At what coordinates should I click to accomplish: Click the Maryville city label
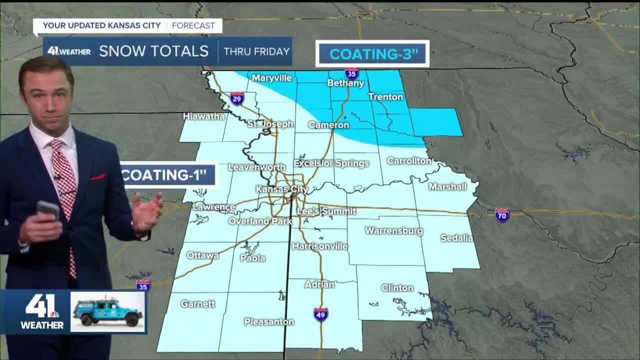pyautogui.click(x=271, y=78)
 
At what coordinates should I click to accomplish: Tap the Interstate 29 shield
pyautogui.click(x=237, y=98)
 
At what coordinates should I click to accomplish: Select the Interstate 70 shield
pyautogui.click(x=502, y=215)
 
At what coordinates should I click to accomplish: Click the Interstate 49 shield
pyautogui.click(x=321, y=314)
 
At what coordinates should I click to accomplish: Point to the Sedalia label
pyautogui.click(x=456, y=238)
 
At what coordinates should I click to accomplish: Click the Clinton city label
pyautogui.click(x=397, y=288)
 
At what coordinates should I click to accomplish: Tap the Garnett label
pyautogui.click(x=198, y=303)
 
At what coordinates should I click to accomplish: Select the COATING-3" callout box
pyautogui.click(x=373, y=53)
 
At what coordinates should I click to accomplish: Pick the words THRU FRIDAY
pyautogui.click(x=256, y=51)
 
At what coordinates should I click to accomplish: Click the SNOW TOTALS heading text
pyautogui.click(x=153, y=51)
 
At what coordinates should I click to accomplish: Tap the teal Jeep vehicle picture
pyautogui.click(x=108, y=312)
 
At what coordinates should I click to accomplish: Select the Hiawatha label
pyautogui.click(x=204, y=116)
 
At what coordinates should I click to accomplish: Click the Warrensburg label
pyautogui.click(x=394, y=231)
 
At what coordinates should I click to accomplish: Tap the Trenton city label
pyautogui.click(x=385, y=96)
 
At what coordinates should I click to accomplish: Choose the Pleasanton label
pyautogui.click(x=269, y=322)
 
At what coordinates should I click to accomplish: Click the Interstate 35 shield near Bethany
pyautogui.click(x=351, y=73)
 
